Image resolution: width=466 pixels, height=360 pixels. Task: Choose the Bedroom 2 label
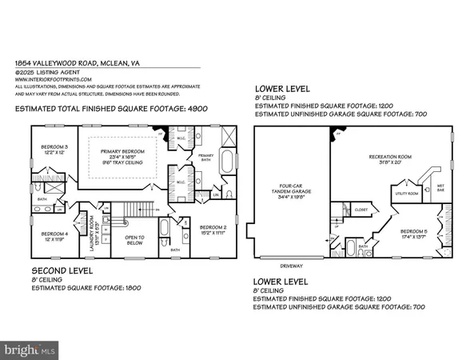(214, 226)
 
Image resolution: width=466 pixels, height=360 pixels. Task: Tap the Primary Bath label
(206, 155)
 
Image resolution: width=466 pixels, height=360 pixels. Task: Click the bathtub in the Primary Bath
(225, 161)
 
